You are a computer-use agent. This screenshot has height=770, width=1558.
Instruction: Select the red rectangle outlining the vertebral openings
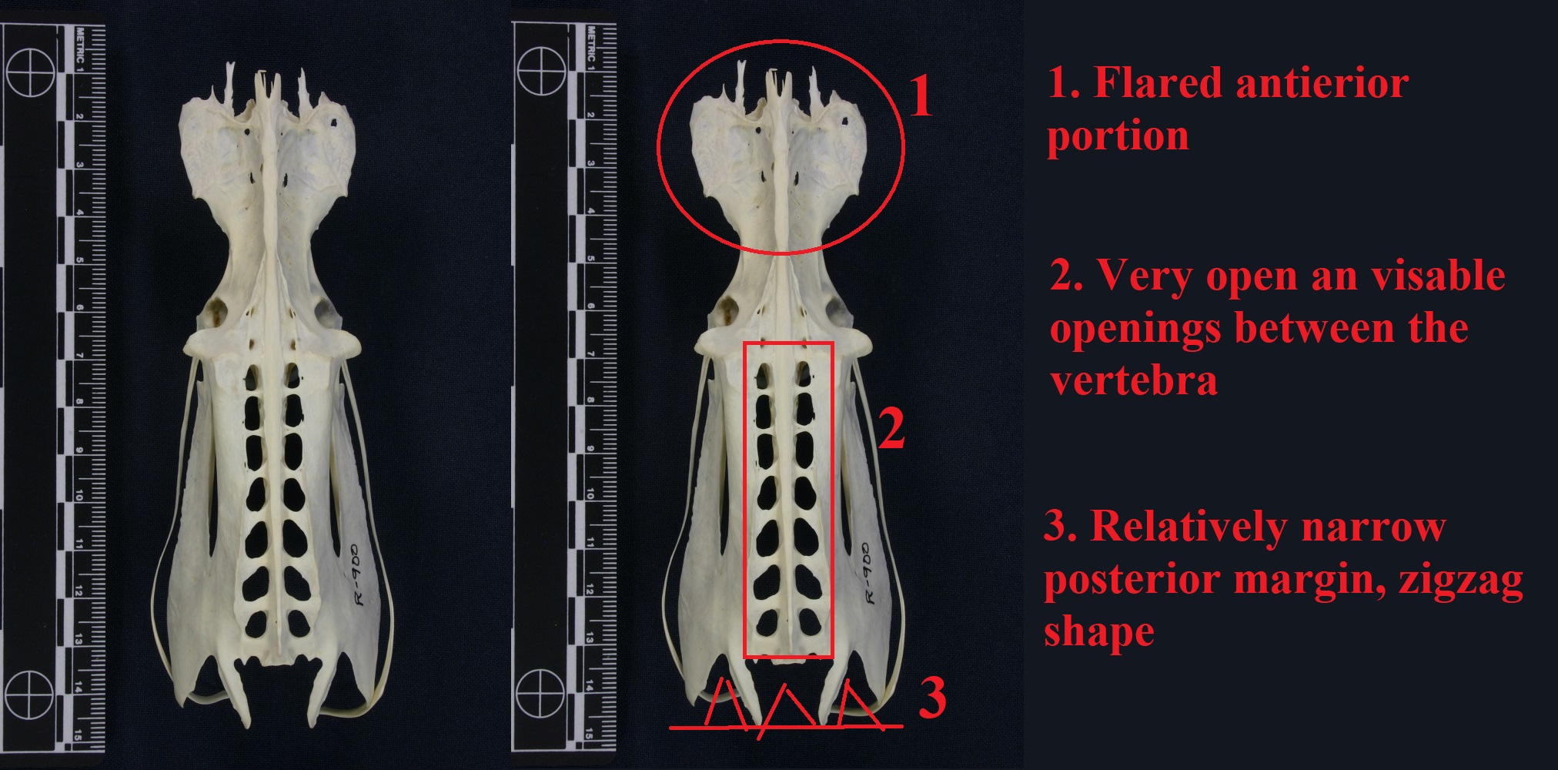744,500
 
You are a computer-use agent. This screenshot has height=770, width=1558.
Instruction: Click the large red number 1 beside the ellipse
921,98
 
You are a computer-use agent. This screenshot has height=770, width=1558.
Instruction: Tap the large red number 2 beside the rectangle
891,428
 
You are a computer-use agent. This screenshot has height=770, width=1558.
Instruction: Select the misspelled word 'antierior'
1322,83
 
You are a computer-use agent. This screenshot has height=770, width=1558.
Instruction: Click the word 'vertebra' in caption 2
1134,380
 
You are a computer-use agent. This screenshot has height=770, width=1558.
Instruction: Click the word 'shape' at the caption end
1099,633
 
